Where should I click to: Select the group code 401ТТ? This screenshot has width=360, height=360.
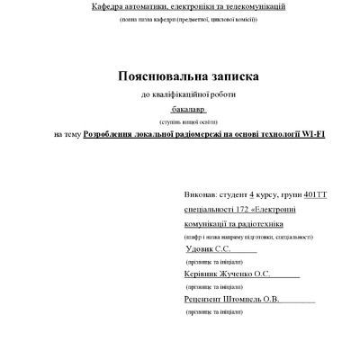(317, 193)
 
